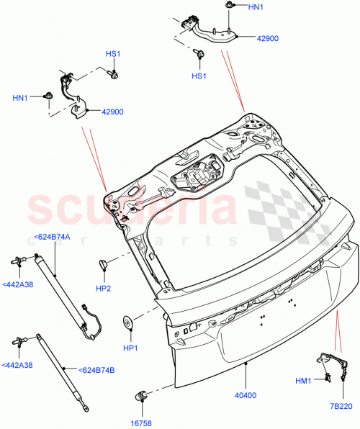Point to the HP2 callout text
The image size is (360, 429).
click(x=104, y=289)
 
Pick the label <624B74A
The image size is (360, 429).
click(x=52, y=238)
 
